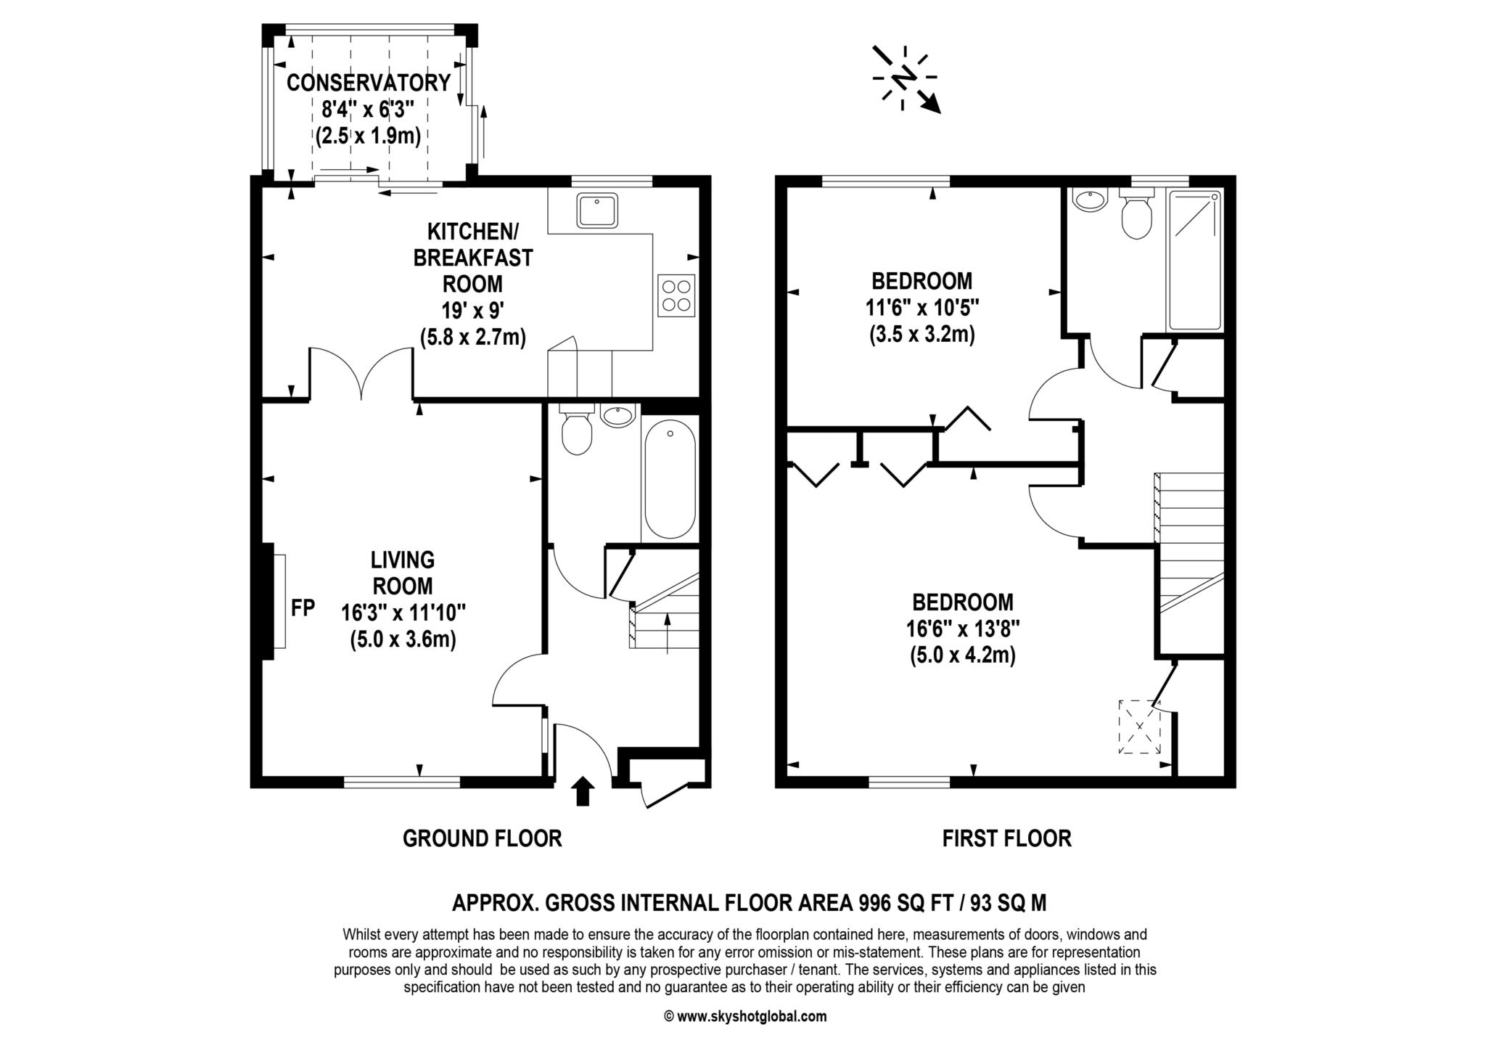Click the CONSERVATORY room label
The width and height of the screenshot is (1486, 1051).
[x=369, y=83]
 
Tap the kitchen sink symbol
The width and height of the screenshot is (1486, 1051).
[x=597, y=210]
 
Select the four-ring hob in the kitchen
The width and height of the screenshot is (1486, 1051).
[x=676, y=295]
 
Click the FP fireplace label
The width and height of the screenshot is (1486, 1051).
[x=303, y=608]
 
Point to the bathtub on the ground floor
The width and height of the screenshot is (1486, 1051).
[x=669, y=482]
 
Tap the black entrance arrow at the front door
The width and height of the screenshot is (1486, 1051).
[x=583, y=792]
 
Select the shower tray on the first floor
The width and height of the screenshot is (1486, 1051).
[x=1194, y=259]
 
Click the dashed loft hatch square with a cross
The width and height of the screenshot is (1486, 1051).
[x=1139, y=727]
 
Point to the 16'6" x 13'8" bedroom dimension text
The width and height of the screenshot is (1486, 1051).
[x=963, y=629]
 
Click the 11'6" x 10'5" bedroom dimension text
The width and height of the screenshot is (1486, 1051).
[x=921, y=308]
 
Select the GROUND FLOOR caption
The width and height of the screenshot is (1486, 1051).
[x=482, y=839]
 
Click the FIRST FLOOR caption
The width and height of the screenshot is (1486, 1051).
[x=1006, y=839]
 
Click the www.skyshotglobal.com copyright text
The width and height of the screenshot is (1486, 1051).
[x=745, y=1017]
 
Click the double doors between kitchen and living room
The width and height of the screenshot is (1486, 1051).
[x=361, y=374]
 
